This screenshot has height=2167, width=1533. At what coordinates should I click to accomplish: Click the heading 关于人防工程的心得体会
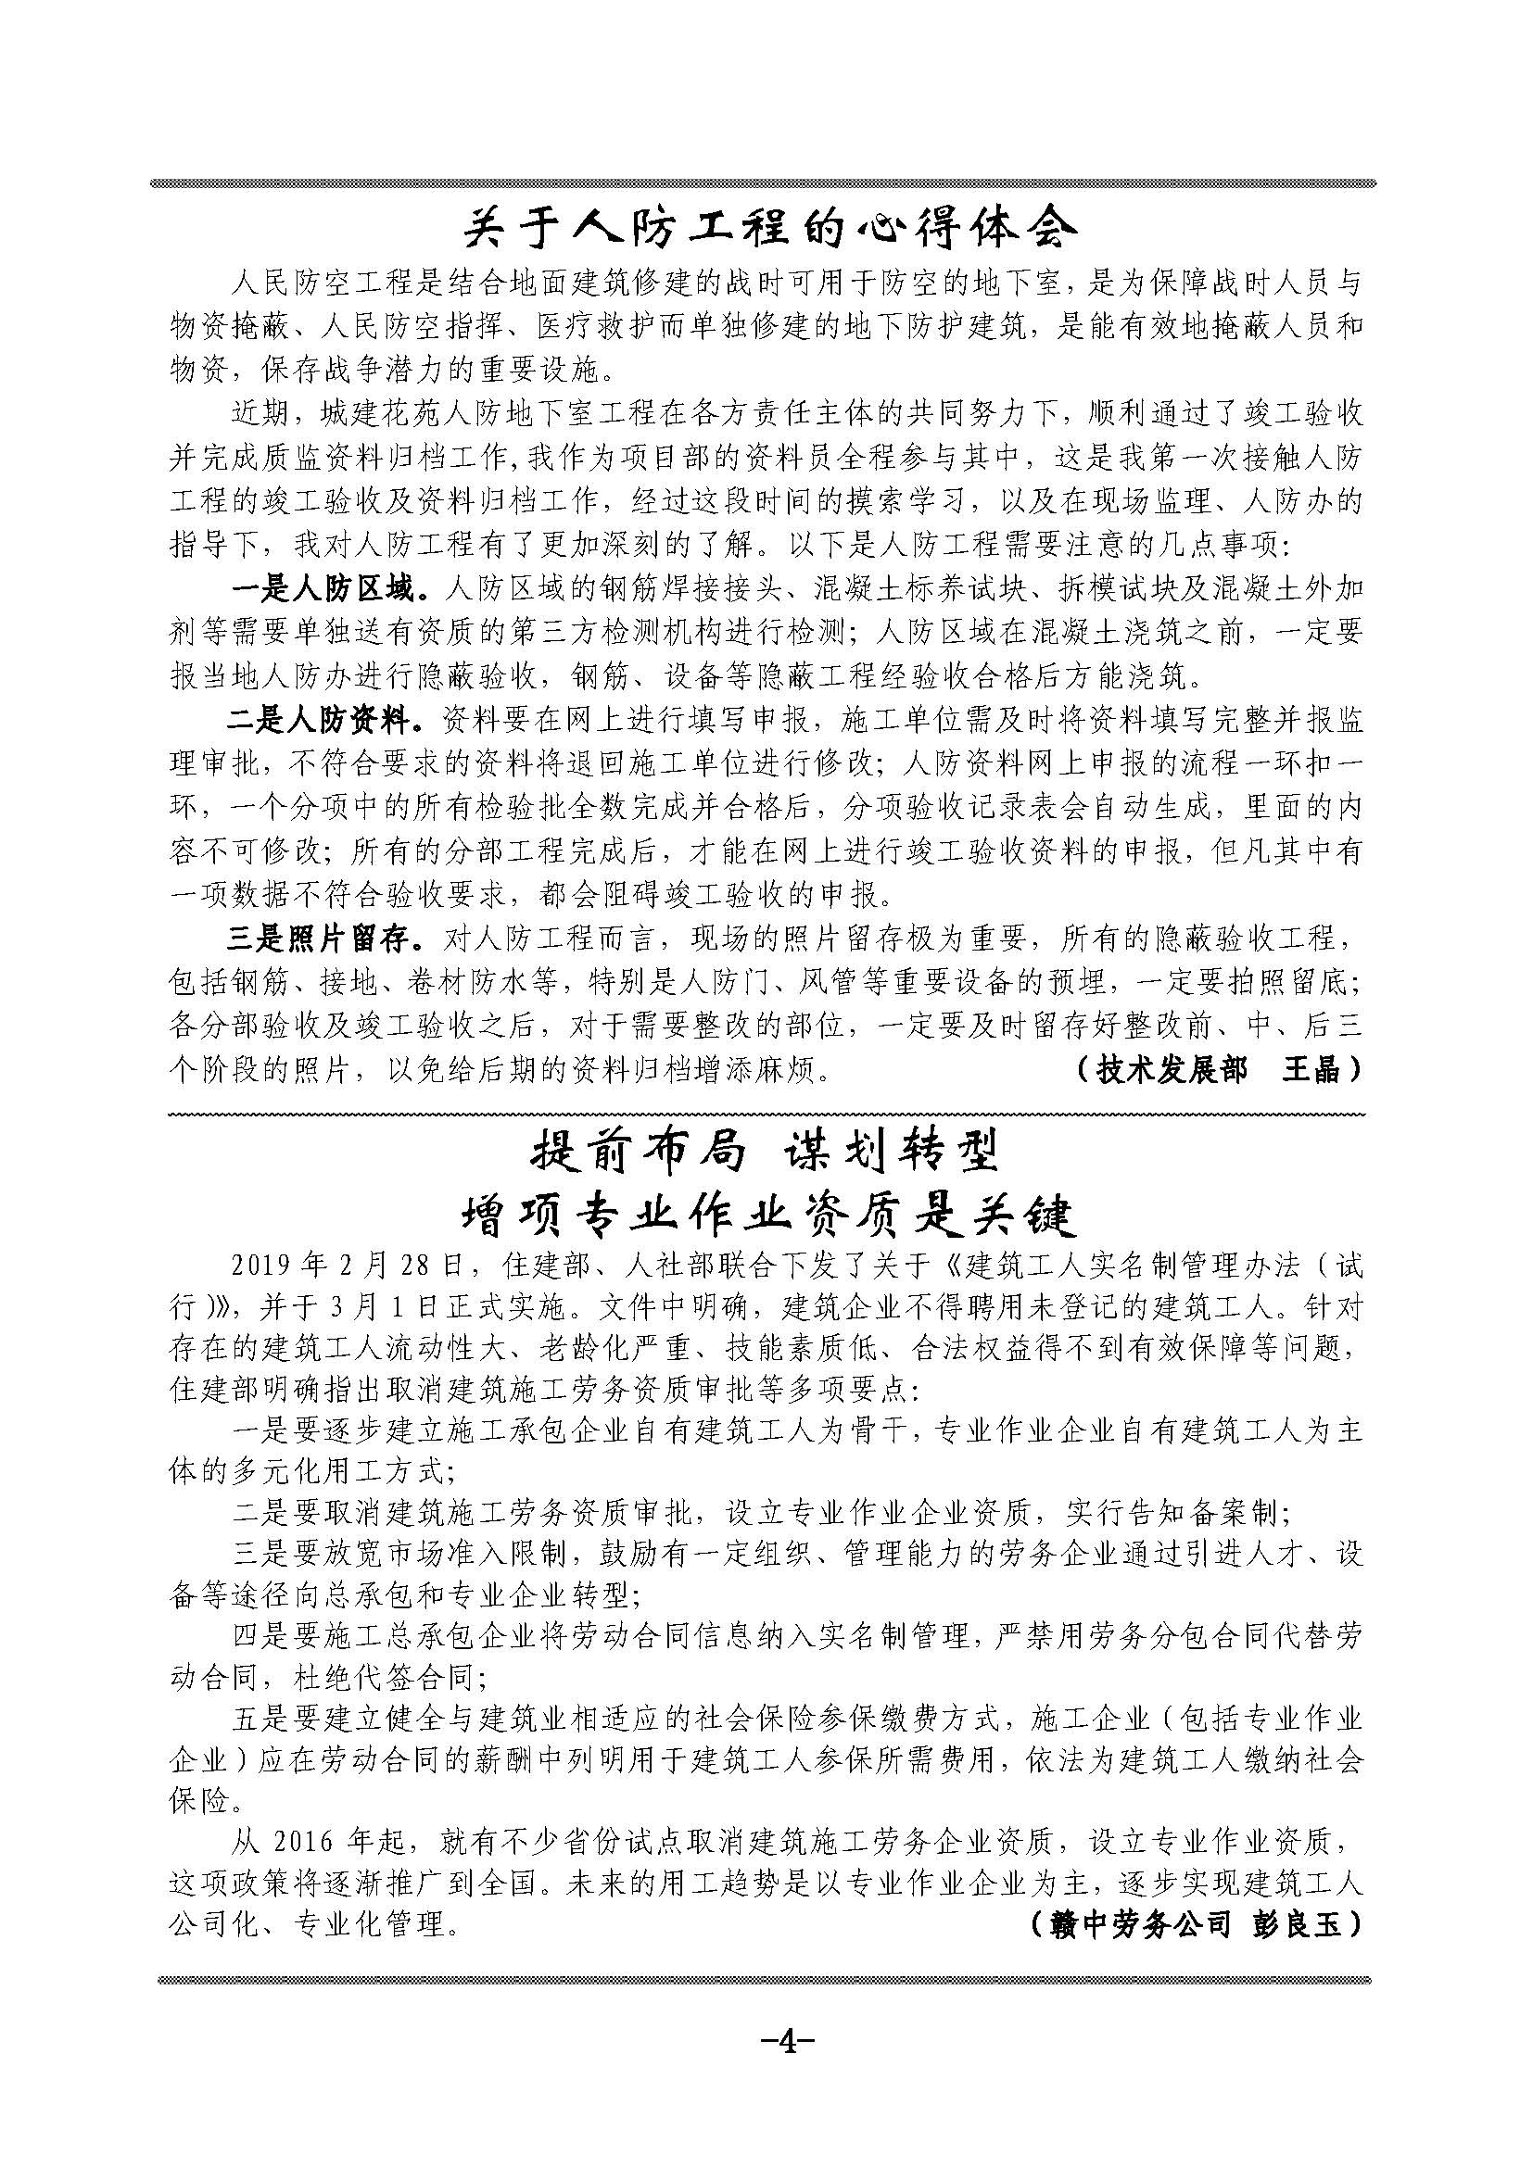(766, 229)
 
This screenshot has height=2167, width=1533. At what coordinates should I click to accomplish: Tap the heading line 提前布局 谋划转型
(766, 1153)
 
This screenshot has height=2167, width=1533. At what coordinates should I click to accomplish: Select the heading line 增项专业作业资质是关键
(766, 1217)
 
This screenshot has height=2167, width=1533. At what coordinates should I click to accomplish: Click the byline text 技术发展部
(1171, 1070)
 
